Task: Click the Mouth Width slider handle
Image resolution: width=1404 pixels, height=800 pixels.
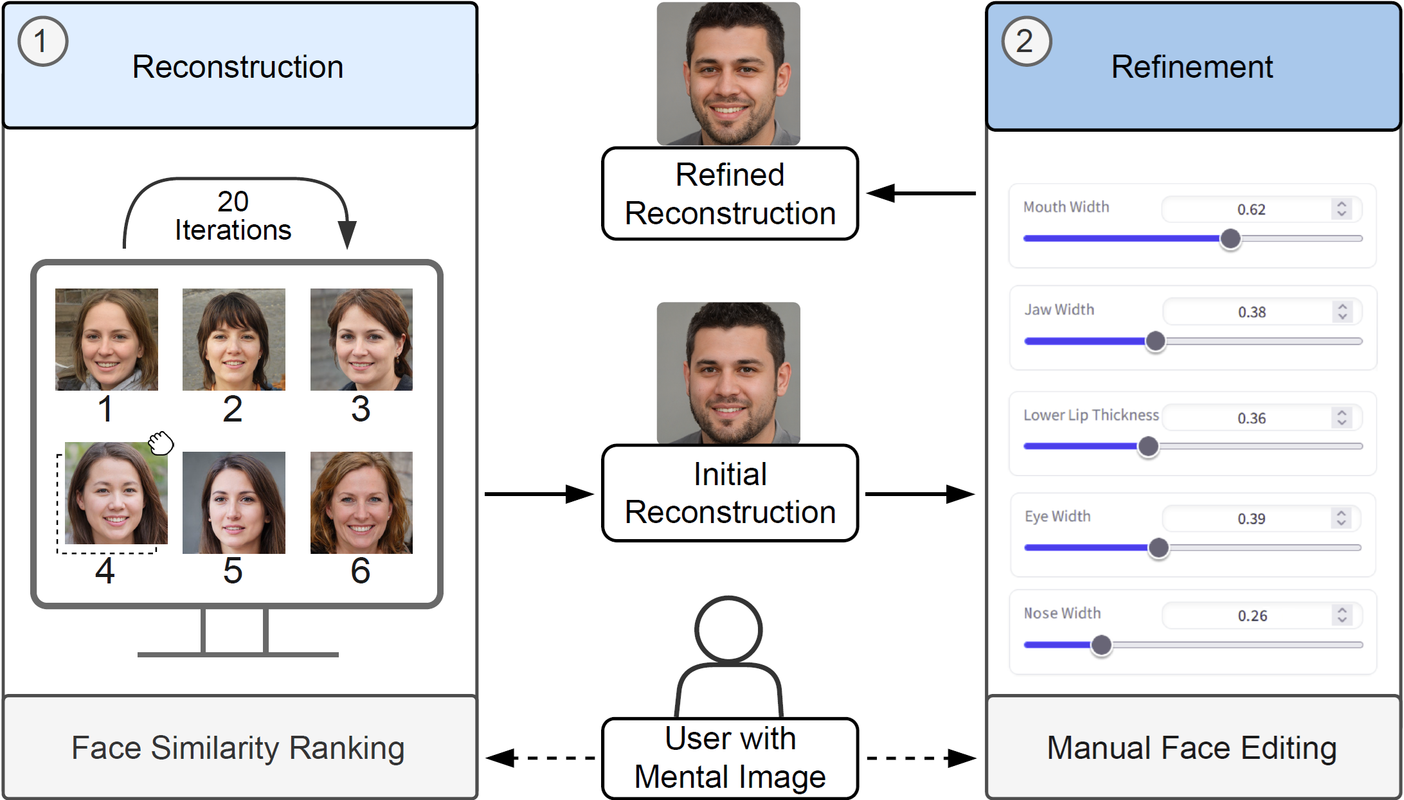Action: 1230,238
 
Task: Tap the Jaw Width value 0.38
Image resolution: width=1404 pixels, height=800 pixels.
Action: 1252,312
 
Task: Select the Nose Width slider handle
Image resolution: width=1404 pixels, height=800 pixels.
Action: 1101,644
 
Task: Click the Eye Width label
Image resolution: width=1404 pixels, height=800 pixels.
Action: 1057,517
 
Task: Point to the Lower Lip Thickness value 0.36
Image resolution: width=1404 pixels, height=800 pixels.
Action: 1252,418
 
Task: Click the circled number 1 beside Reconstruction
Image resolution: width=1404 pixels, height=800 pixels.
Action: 42,42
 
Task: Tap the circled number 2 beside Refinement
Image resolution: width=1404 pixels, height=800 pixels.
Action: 1026,42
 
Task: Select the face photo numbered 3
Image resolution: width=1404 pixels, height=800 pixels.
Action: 361,339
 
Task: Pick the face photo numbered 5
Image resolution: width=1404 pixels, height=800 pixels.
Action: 234,502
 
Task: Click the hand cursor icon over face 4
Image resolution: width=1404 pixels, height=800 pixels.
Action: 161,443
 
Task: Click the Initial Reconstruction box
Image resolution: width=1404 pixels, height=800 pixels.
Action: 730,493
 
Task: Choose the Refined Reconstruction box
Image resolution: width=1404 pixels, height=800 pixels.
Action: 730,194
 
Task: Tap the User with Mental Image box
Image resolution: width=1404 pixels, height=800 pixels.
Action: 730,758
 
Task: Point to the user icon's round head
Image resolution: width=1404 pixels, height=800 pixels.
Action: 728,630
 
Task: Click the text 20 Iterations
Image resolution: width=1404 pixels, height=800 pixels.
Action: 233,216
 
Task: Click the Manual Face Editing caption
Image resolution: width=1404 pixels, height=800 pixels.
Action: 1192,748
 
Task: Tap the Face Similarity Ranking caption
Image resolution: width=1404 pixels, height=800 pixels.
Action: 238,748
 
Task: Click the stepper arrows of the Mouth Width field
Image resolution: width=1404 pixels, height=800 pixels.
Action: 1342,209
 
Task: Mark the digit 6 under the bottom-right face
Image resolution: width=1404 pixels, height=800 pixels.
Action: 361,571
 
